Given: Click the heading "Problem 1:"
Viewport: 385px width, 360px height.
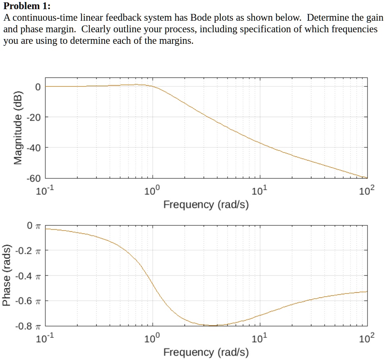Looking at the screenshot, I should tap(27, 6).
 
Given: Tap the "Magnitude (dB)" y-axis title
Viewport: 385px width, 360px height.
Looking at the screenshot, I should tap(18, 128).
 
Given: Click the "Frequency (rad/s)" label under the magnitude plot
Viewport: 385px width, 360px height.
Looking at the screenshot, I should tap(206, 205).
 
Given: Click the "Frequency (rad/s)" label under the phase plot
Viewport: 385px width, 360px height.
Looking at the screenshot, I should tap(206, 352).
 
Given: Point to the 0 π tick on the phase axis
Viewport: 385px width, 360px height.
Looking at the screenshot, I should tap(34, 226).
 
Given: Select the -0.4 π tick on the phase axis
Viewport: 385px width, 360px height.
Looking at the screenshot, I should tap(28, 276).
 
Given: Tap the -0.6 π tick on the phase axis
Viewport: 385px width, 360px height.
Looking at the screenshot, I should tap(28, 301).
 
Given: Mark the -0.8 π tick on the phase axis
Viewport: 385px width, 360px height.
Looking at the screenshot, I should tap(28, 326).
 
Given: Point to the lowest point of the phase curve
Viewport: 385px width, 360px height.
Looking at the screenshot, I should tap(214, 326).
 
